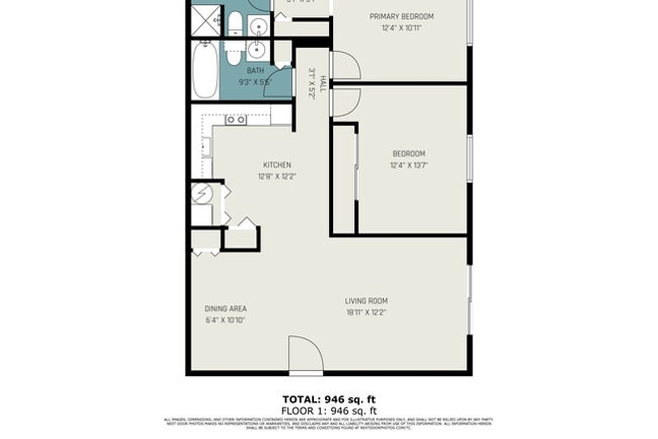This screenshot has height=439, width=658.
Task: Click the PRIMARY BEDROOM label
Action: click(402, 17)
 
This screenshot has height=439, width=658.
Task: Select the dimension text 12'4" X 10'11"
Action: click(402, 28)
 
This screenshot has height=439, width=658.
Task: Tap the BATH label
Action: click(255, 71)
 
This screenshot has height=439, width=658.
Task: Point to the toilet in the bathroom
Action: click(235, 23)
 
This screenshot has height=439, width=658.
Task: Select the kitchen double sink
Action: click(236, 120)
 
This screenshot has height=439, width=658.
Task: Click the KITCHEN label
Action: click(276, 165)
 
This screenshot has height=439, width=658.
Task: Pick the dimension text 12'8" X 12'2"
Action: click(276, 176)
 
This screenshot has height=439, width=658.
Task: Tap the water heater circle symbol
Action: click(200, 193)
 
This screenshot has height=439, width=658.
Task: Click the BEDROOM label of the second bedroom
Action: click(408, 154)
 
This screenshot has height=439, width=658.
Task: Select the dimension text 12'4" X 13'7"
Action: click(408, 166)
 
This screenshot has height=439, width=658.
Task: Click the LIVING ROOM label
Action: click(366, 300)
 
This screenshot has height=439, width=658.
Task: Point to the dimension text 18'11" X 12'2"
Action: click(366, 312)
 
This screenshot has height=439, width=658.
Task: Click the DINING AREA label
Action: click(225, 308)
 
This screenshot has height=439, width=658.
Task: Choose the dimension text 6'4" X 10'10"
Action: click(225, 320)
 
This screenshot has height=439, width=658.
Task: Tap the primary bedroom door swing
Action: click(346, 66)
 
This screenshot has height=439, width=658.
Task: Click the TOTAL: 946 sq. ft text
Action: click(329, 398)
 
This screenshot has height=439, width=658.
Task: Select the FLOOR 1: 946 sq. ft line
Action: click(329, 409)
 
